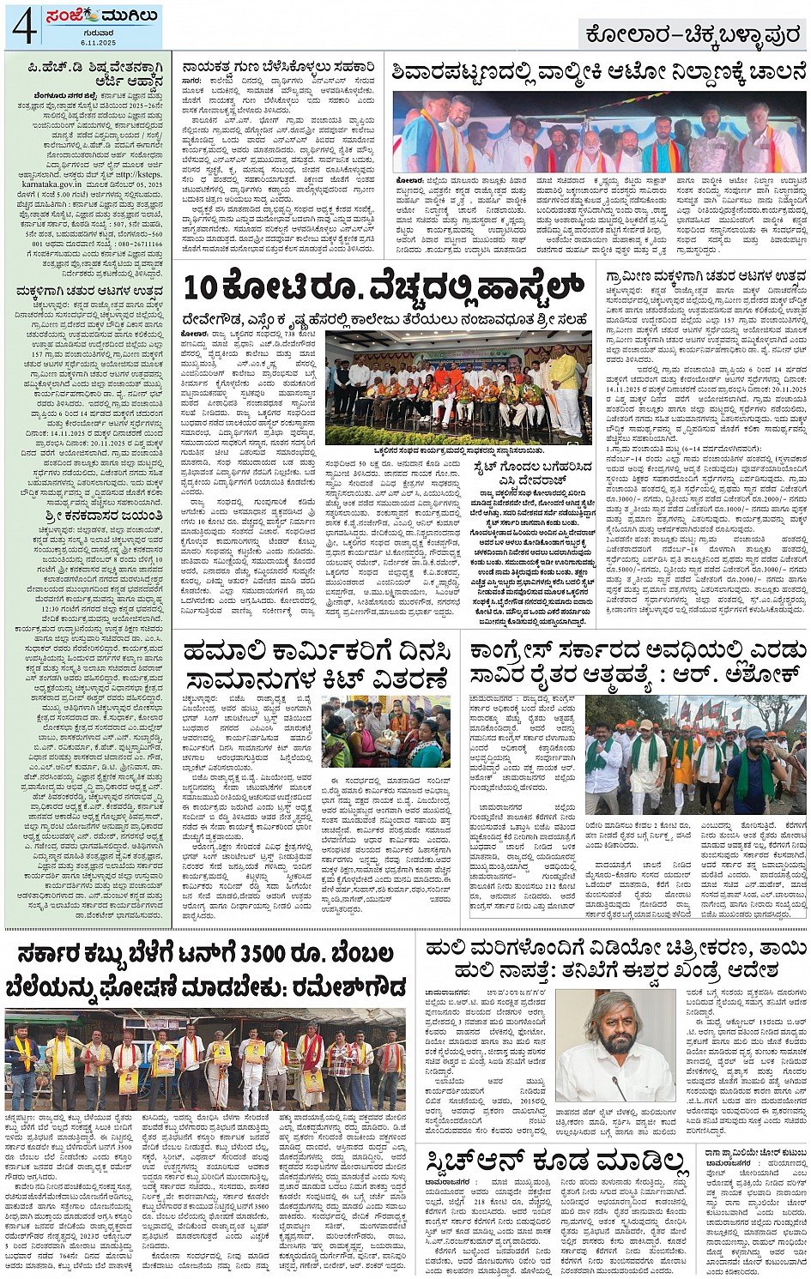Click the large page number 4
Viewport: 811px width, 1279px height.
[23, 26]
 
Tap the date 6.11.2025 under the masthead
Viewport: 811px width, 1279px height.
[99, 42]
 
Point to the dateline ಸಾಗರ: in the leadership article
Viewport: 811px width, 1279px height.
[191, 81]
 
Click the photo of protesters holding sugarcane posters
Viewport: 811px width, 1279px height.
[206, 1059]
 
